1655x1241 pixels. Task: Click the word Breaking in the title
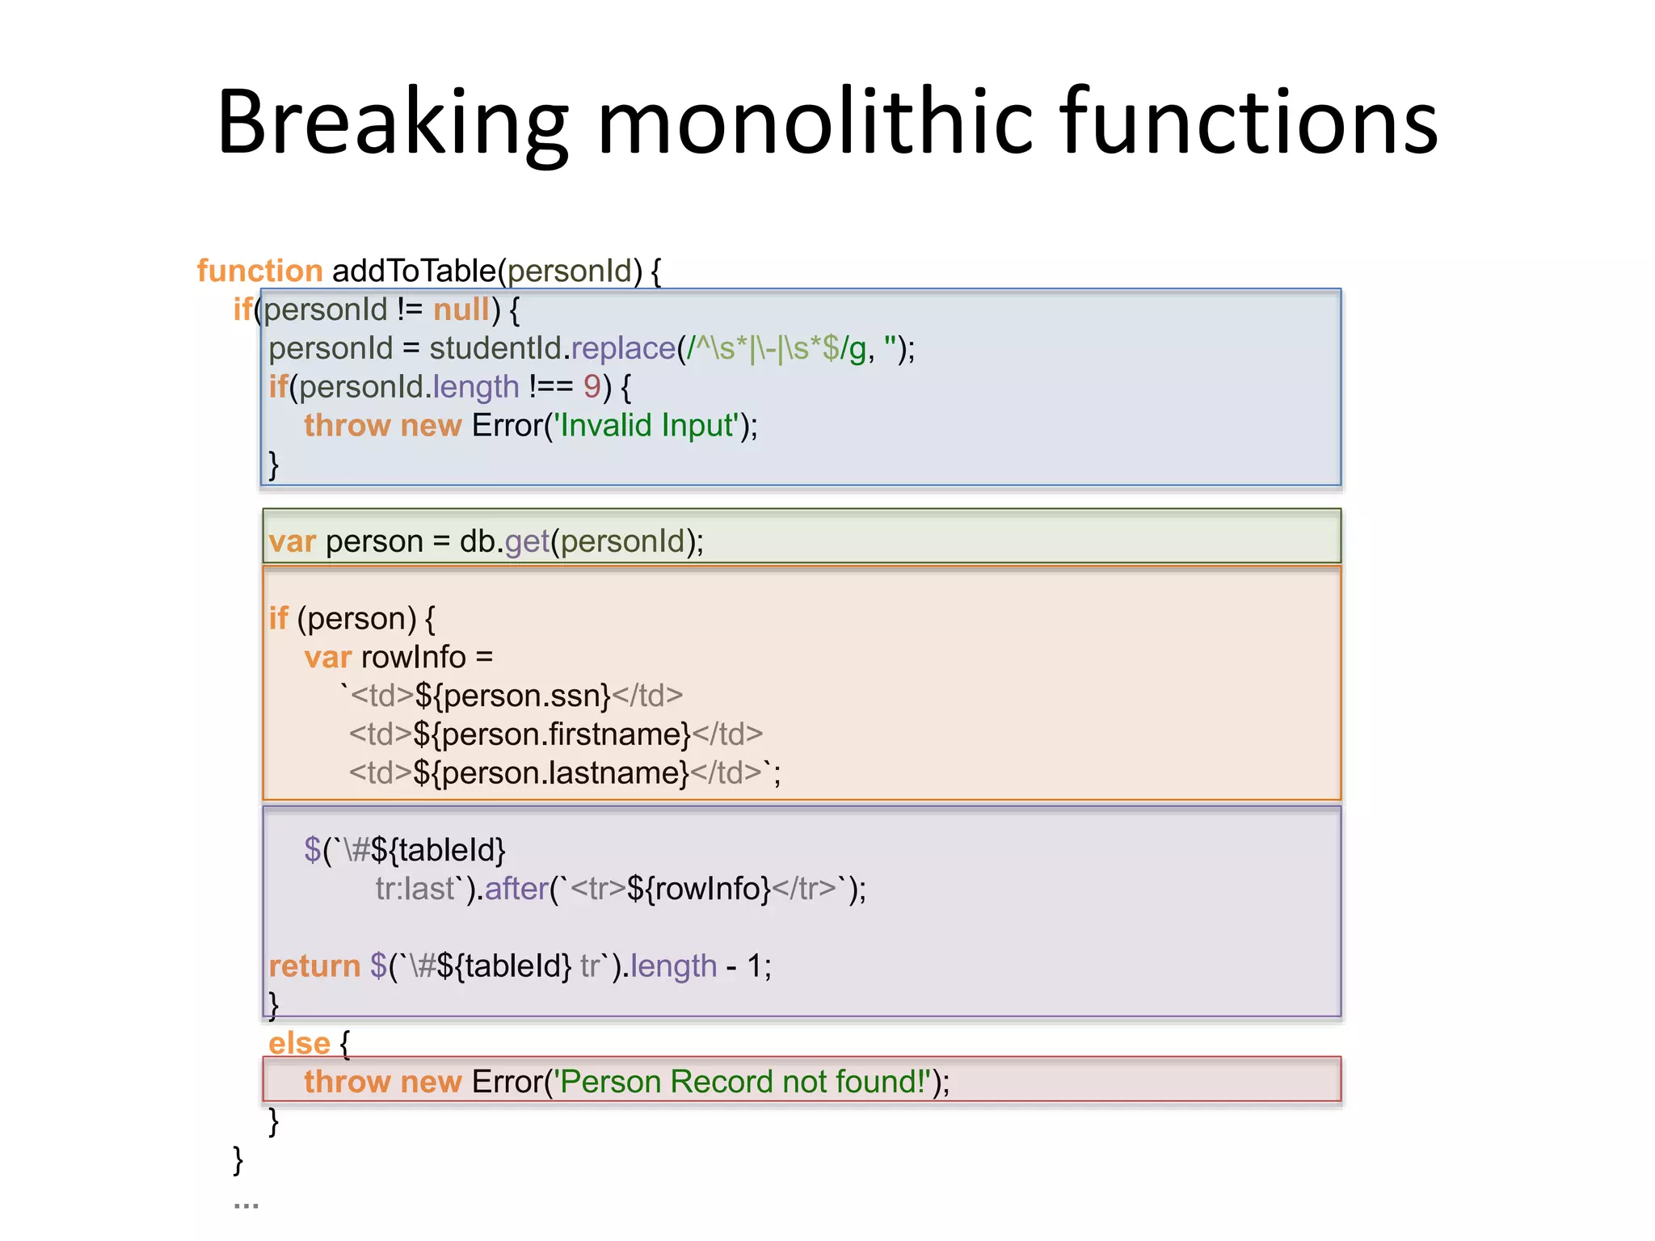[x=393, y=123]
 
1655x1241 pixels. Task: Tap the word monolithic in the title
[x=815, y=123]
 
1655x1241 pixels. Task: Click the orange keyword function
[x=259, y=271]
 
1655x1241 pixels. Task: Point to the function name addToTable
[x=414, y=271]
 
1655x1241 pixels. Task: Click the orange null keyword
[x=461, y=309]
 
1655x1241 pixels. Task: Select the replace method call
[x=623, y=348]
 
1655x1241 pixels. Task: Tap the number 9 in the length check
[x=592, y=387]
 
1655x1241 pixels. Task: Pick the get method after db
[x=527, y=541]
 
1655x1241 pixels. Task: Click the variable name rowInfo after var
[x=414, y=657]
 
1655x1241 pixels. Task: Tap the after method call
[x=516, y=889]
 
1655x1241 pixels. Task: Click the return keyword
[x=314, y=966]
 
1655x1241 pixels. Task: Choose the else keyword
[x=299, y=1043]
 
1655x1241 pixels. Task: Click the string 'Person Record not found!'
[x=743, y=1082]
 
